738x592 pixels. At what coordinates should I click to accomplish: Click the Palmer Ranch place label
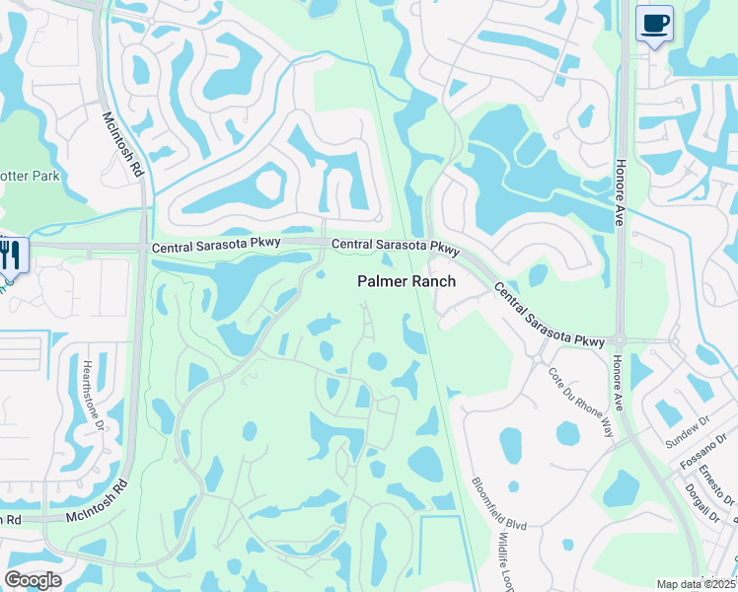(406, 281)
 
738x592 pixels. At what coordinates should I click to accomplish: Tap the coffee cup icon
(653, 23)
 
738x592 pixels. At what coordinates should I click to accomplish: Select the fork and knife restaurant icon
(11, 255)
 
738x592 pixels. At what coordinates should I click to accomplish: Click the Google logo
(33, 580)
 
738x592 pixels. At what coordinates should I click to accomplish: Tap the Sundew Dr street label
(687, 430)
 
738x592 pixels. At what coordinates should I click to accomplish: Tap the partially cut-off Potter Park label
(30, 176)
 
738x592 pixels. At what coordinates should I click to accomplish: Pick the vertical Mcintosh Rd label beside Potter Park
(125, 144)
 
